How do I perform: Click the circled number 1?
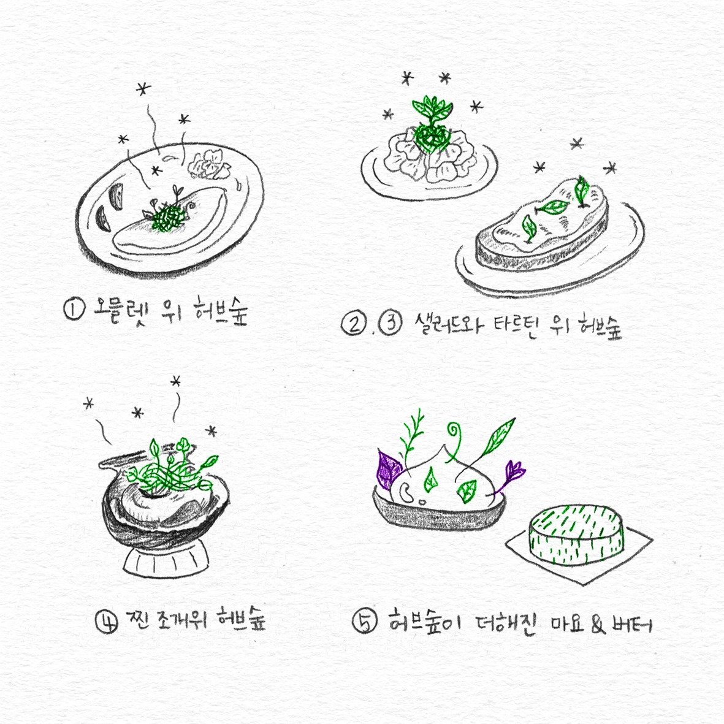click(x=74, y=309)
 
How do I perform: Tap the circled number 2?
click(x=354, y=324)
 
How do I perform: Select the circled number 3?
click(x=391, y=322)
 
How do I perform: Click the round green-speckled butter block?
click(x=576, y=534)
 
